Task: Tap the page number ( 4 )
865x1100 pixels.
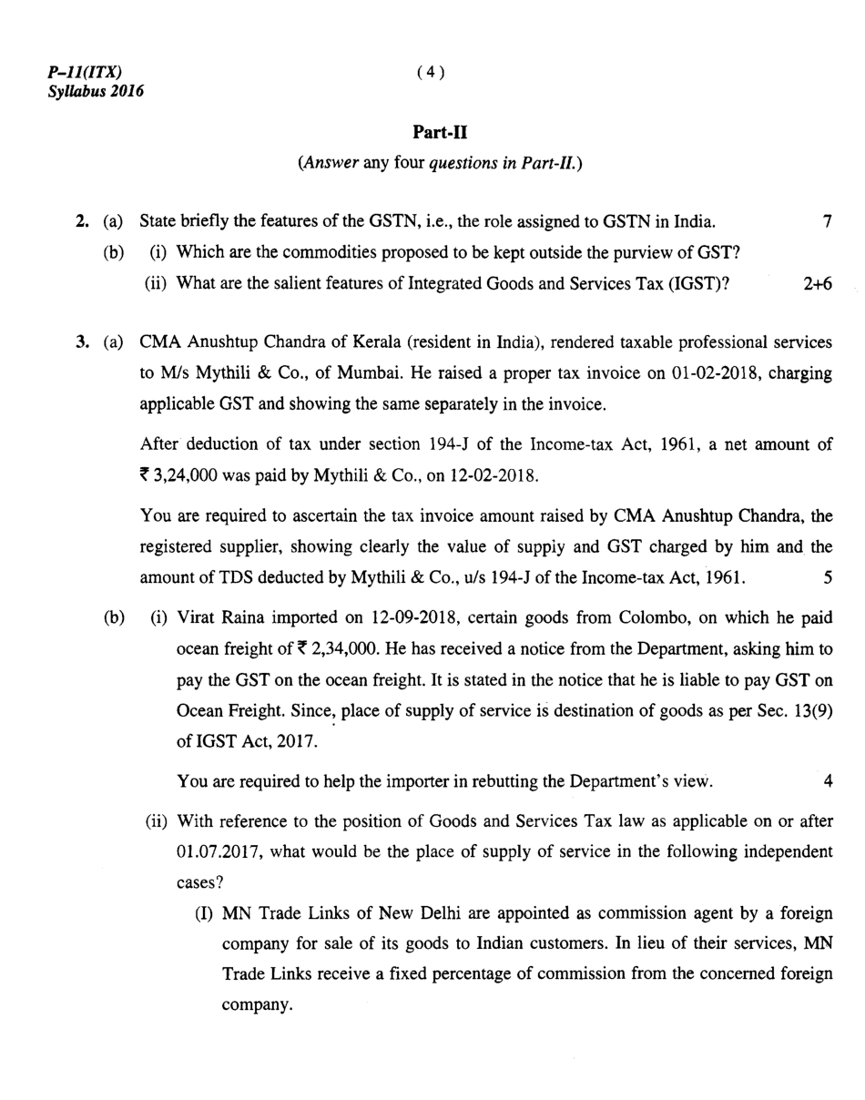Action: (x=431, y=73)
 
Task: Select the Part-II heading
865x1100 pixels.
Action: (x=440, y=133)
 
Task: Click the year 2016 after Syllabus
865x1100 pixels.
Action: (x=127, y=91)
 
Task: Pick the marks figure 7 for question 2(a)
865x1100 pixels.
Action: (x=827, y=221)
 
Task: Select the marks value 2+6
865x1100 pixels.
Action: (x=818, y=283)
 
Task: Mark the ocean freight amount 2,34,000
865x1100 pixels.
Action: (x=341, y=649)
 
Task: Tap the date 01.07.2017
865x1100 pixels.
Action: (x=219, y=852)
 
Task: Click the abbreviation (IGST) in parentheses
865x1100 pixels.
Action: (x=698, y=283)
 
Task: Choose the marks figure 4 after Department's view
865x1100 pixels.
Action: (x=828, y=781)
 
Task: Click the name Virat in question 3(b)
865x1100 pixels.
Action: (x=196, y=618)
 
